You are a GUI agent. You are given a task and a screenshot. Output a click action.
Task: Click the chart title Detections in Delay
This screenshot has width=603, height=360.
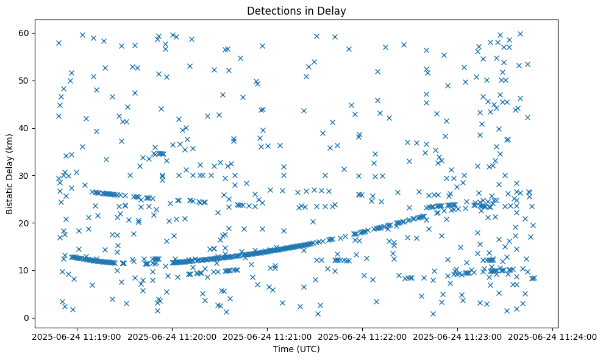[296, 10]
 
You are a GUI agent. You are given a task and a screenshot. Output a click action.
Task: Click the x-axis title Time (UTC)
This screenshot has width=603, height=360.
[296, 350]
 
